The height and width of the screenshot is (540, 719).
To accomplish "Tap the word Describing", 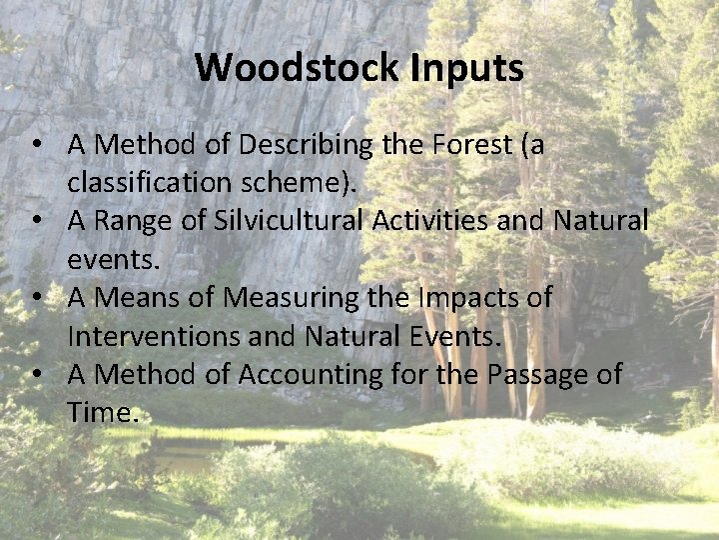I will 305,146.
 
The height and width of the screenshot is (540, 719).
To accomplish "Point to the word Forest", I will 470,146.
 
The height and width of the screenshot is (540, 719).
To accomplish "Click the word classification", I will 155,184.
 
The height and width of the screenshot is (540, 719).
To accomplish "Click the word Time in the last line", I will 99,413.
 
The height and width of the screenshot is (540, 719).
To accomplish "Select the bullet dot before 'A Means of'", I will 37,299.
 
